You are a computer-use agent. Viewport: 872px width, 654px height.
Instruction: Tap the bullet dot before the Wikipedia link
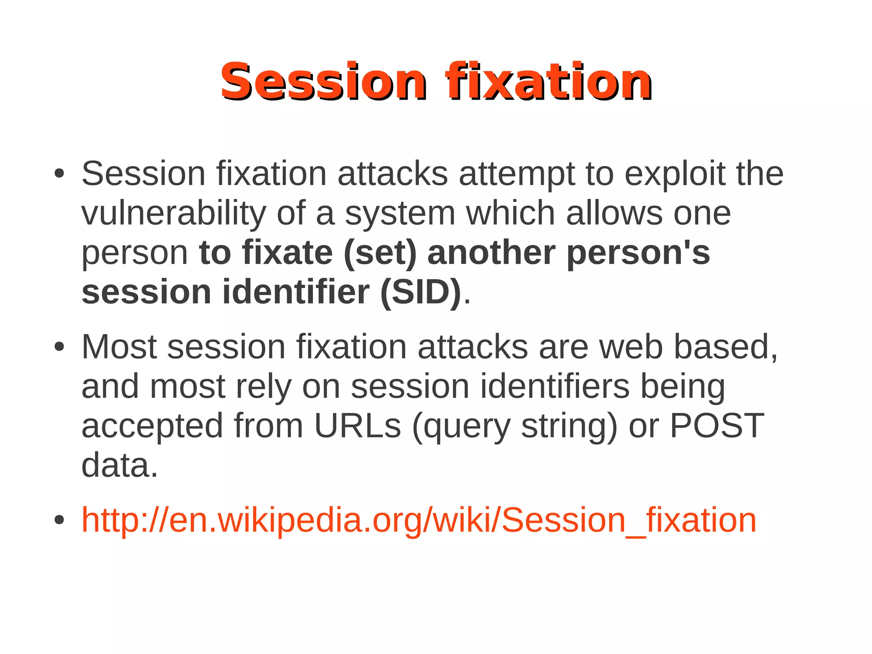59,520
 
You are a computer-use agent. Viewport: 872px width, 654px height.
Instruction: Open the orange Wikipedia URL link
419,520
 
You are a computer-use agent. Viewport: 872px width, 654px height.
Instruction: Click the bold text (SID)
421,292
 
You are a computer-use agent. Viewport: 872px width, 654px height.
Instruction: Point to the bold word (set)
380,253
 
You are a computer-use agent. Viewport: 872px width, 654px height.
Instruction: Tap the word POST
717,425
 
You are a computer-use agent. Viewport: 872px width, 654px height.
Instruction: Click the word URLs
358,425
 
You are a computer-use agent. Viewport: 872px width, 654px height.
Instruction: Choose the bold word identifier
295,292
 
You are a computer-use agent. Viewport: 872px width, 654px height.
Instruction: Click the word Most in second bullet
119,347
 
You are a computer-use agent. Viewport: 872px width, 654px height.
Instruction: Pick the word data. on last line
119,465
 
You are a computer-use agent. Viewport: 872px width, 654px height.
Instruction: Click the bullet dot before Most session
59,347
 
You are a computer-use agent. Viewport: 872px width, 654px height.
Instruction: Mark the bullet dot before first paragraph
59,174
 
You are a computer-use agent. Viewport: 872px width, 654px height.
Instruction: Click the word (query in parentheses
461,425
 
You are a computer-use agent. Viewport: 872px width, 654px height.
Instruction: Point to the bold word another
491,253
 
